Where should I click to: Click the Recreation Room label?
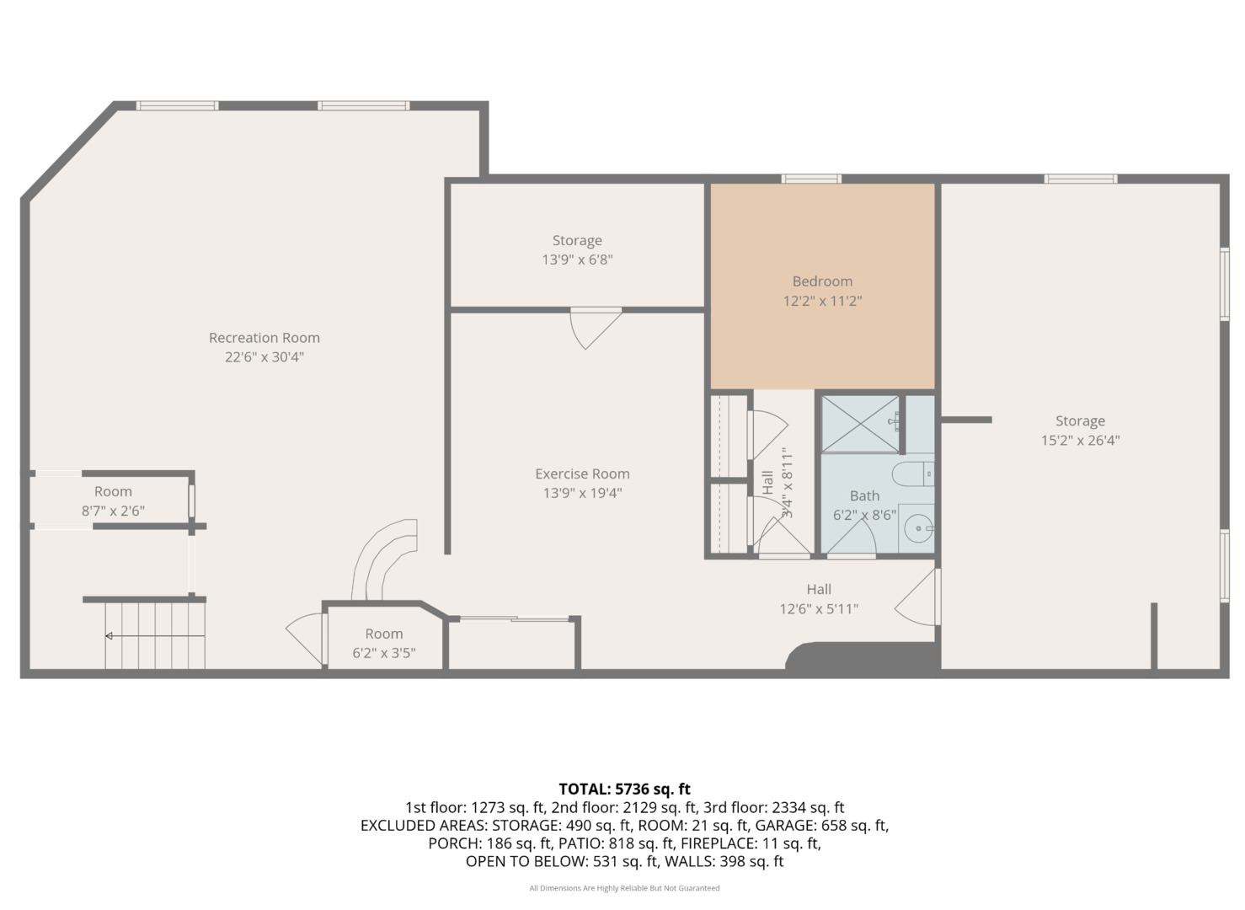(x=264, y=337)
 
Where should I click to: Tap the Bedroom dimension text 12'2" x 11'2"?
(x=822, y=301)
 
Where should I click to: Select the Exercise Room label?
(x=582, y=474)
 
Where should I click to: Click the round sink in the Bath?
(x=918, y=528)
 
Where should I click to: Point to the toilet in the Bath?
(x=912, y=474)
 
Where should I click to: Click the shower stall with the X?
(x=860, y=424)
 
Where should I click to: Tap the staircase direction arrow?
(x=155, y=635)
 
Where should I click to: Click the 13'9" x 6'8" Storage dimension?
(x=577, y=260)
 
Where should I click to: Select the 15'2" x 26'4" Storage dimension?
(x=1080, y=441)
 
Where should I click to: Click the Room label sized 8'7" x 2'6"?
(x=113, y=491)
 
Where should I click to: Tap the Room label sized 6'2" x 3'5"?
(x=383, y=634)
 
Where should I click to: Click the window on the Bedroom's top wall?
(x=811, y=179)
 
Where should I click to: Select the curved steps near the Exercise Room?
(x=384, y=559)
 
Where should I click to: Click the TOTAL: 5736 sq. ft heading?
(x=624, y=789)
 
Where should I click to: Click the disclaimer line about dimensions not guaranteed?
(x=624, y=888)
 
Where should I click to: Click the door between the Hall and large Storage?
(x=917, y=597)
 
